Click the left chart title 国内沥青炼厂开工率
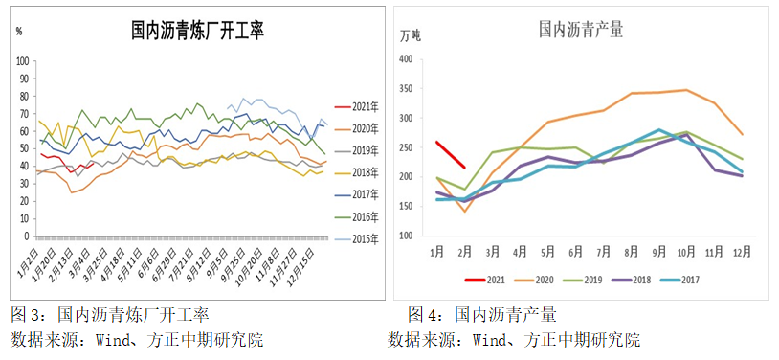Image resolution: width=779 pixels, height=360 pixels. (x=197, y=31)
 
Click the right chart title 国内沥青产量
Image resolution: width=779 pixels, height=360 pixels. (x=580, y=29)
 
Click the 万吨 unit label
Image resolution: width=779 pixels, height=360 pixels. (x=410, y=35)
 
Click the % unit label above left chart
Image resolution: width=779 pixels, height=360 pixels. (x=19, y=31)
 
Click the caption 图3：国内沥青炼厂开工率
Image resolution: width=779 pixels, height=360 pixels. (x=109, y=314)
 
